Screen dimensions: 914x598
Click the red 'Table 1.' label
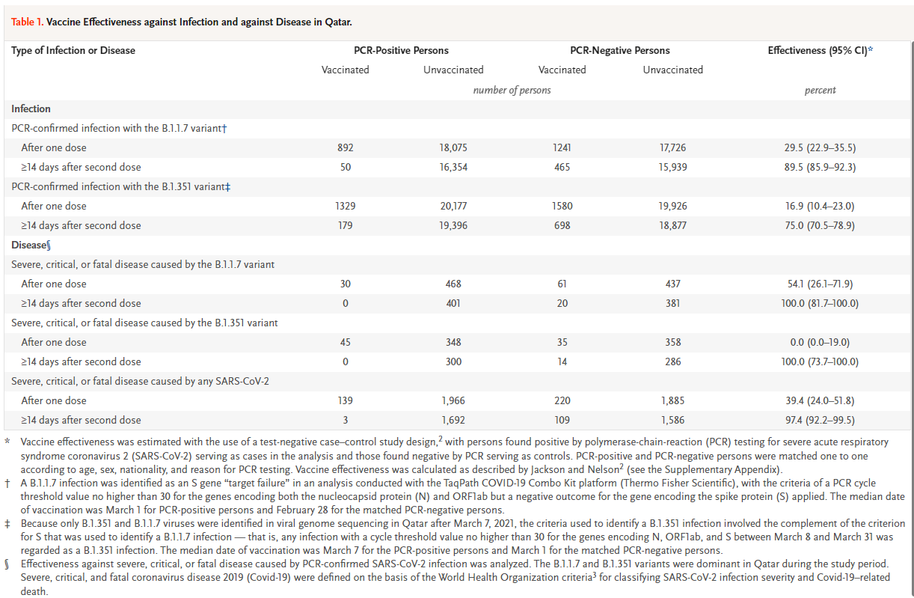27,22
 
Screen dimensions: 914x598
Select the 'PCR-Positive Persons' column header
401,50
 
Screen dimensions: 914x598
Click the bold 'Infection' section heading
31,109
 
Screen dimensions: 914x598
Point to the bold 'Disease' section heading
28,245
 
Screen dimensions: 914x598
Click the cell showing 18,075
453,147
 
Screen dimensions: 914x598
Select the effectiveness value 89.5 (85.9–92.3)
820,167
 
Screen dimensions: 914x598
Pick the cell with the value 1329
346,206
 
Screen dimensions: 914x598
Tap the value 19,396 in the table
453,225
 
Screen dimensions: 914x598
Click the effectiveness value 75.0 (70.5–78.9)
820,225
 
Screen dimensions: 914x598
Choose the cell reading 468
453,284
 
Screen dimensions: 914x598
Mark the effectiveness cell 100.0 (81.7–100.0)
820,303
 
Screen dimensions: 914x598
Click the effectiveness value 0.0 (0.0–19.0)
820,342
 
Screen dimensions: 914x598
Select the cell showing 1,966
453,400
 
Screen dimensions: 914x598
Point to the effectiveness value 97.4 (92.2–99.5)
820,420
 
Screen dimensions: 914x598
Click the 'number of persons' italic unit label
512,90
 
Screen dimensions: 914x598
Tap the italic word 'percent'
821,91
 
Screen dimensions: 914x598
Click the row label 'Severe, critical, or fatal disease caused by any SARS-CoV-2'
140,381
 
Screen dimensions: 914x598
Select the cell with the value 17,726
673,147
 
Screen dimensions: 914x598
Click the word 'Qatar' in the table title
338,22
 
